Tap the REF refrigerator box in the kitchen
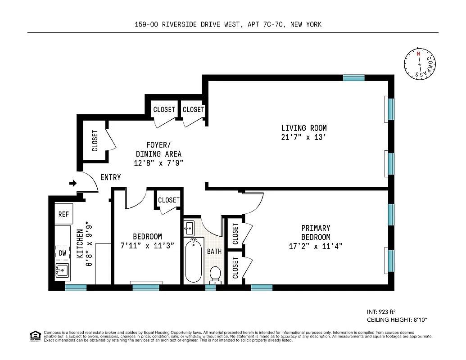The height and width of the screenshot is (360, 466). (x=63, y=215)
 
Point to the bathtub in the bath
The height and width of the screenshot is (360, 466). (x=194, y=261)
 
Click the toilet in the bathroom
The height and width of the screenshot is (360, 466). (x=215, y=275)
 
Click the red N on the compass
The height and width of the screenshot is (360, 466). (x=418, y=54)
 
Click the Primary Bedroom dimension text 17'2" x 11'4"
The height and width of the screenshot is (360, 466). (x=316, y=246)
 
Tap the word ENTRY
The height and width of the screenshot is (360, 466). (x=110, y=177)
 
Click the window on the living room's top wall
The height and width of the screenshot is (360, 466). (x=353, y=78)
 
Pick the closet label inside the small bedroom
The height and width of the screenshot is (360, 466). (x=169, y=200)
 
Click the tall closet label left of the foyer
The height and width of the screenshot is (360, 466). (x=95, y=140)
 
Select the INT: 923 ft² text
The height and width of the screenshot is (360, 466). (x=381, y=311)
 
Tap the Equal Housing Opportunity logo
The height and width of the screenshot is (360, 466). (x=34, y=336)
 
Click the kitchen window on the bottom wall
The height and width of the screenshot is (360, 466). (x=76, y=288)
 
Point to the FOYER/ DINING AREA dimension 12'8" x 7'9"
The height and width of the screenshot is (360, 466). (x=158, y=163)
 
